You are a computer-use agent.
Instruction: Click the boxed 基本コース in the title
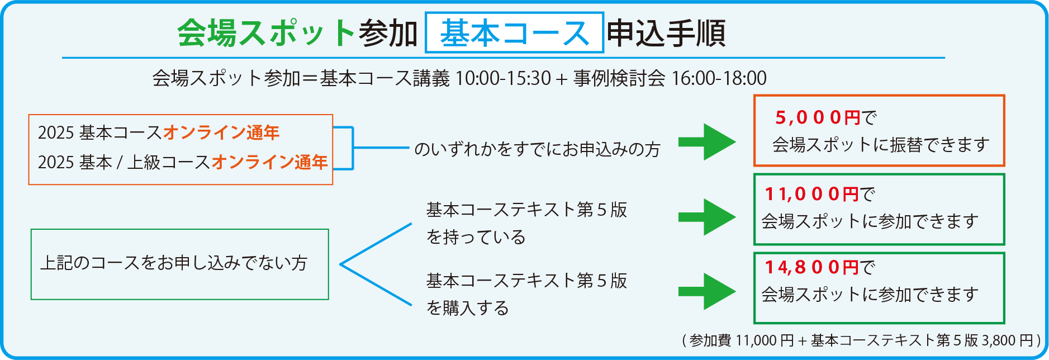point(514,33)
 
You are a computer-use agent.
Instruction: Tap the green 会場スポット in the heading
point(267,33)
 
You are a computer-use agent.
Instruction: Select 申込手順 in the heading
point(666,33)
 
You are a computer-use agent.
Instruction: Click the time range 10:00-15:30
point(503,78)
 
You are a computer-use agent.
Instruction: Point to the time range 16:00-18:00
point(719,78)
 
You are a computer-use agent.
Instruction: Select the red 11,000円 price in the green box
point(811,194)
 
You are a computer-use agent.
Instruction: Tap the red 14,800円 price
point(811,267)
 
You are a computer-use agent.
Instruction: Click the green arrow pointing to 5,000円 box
point(707,142)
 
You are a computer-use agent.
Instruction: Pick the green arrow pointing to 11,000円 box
point(707,217)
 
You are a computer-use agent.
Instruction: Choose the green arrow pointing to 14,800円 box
point(707,291)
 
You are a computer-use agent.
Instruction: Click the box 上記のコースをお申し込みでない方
point(180,264)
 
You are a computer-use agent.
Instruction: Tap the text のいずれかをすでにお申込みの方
point(537,149)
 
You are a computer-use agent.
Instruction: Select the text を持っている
point(476,237)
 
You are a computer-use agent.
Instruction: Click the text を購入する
point(468,308)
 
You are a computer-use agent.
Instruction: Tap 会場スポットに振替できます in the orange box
point(881,145)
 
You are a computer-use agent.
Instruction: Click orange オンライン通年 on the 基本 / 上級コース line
point(269,162)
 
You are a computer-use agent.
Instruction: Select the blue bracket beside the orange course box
point(353,148)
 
